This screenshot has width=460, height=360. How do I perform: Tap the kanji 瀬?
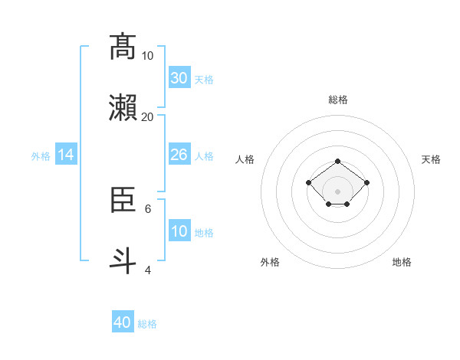tap(123, 108)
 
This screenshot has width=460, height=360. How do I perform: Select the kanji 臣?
tap(123, 201)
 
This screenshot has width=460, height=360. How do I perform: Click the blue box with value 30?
tap(179, 78)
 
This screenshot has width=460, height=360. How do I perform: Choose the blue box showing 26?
tap(179, 155)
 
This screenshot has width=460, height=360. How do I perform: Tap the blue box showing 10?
tap(179, 231)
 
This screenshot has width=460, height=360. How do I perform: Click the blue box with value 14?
tap(66, 155)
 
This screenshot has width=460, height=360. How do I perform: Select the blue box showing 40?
tap(123, 322)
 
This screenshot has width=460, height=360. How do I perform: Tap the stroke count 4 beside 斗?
tap(148, 270)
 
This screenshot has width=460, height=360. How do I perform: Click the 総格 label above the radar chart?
tap(338, 100)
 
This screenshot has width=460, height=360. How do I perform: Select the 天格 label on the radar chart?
tap(431, 159)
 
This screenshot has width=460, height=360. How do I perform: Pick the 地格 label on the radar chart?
tap(402, 262)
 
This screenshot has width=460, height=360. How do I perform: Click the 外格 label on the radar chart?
tap(270, 262)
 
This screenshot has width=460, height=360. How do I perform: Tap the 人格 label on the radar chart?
tap(245, 159)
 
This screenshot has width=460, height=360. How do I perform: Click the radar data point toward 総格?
tap(338, 161)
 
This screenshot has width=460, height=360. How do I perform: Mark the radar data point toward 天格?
tap(367, 182)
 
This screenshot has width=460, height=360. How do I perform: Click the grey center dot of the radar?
tap(338, 191)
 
